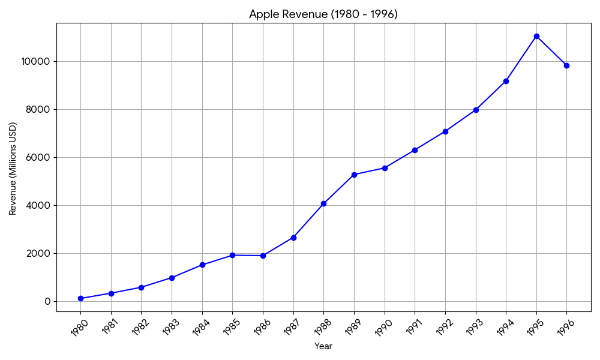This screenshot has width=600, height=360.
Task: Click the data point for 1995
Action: (x=536, y=37)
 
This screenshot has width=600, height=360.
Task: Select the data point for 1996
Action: (x=566, y=65)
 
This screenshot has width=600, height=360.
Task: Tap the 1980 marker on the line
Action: (x=80, y=298)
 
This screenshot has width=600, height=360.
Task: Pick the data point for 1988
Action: (x=323, y=203)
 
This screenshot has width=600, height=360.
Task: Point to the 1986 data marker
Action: (x=263, y=256)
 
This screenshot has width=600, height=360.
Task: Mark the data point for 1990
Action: (x=385, y=168)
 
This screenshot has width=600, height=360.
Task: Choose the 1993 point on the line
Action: (x=476, y=110)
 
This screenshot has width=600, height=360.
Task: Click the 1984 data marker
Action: (x=202, y=265)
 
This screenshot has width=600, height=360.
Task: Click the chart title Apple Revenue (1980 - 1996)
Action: (x=323, y=14)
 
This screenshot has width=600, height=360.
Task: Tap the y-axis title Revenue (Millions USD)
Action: (x=13, y=168)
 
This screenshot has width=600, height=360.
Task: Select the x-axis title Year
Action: (x=323, y=346)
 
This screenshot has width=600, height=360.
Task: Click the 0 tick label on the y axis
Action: (x=47, y=301)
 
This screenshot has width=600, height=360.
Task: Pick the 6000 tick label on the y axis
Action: (x=40, y=157)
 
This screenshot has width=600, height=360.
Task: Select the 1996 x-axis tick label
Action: (x=564, y=328)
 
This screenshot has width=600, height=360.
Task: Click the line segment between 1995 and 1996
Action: (x=551, y=51)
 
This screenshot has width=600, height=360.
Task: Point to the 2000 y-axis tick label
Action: (x=40, y=253)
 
